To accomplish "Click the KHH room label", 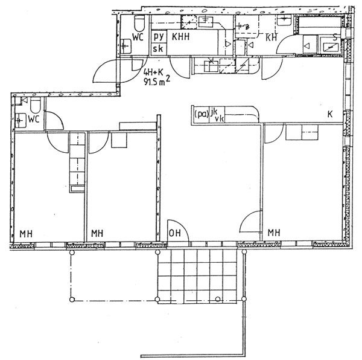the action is (x=181, y=36).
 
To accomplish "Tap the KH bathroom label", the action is (x=271, y=37).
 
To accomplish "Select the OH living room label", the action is (x=175, y=233).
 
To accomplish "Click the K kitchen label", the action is (x=330, y=114).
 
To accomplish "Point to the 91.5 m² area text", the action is (x=157, y=81).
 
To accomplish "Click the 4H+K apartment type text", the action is (x=153, y=72).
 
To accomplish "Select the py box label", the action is (x=159, y=37).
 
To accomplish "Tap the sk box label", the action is (x=158, y=48).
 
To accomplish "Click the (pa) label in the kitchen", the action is (x=202, y=114).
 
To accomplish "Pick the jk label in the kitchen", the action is (x=214, y=112).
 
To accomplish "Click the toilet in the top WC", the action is (x=139, y=23).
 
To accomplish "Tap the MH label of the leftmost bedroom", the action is (x=26, y=234).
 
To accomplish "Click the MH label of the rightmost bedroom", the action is (x=274, y=232).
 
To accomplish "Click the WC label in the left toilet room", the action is (x=34, y=119).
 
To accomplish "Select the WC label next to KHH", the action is (x=138, y=37).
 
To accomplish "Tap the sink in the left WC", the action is (x=21, y=120).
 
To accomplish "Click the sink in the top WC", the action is (x=126, y=47).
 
